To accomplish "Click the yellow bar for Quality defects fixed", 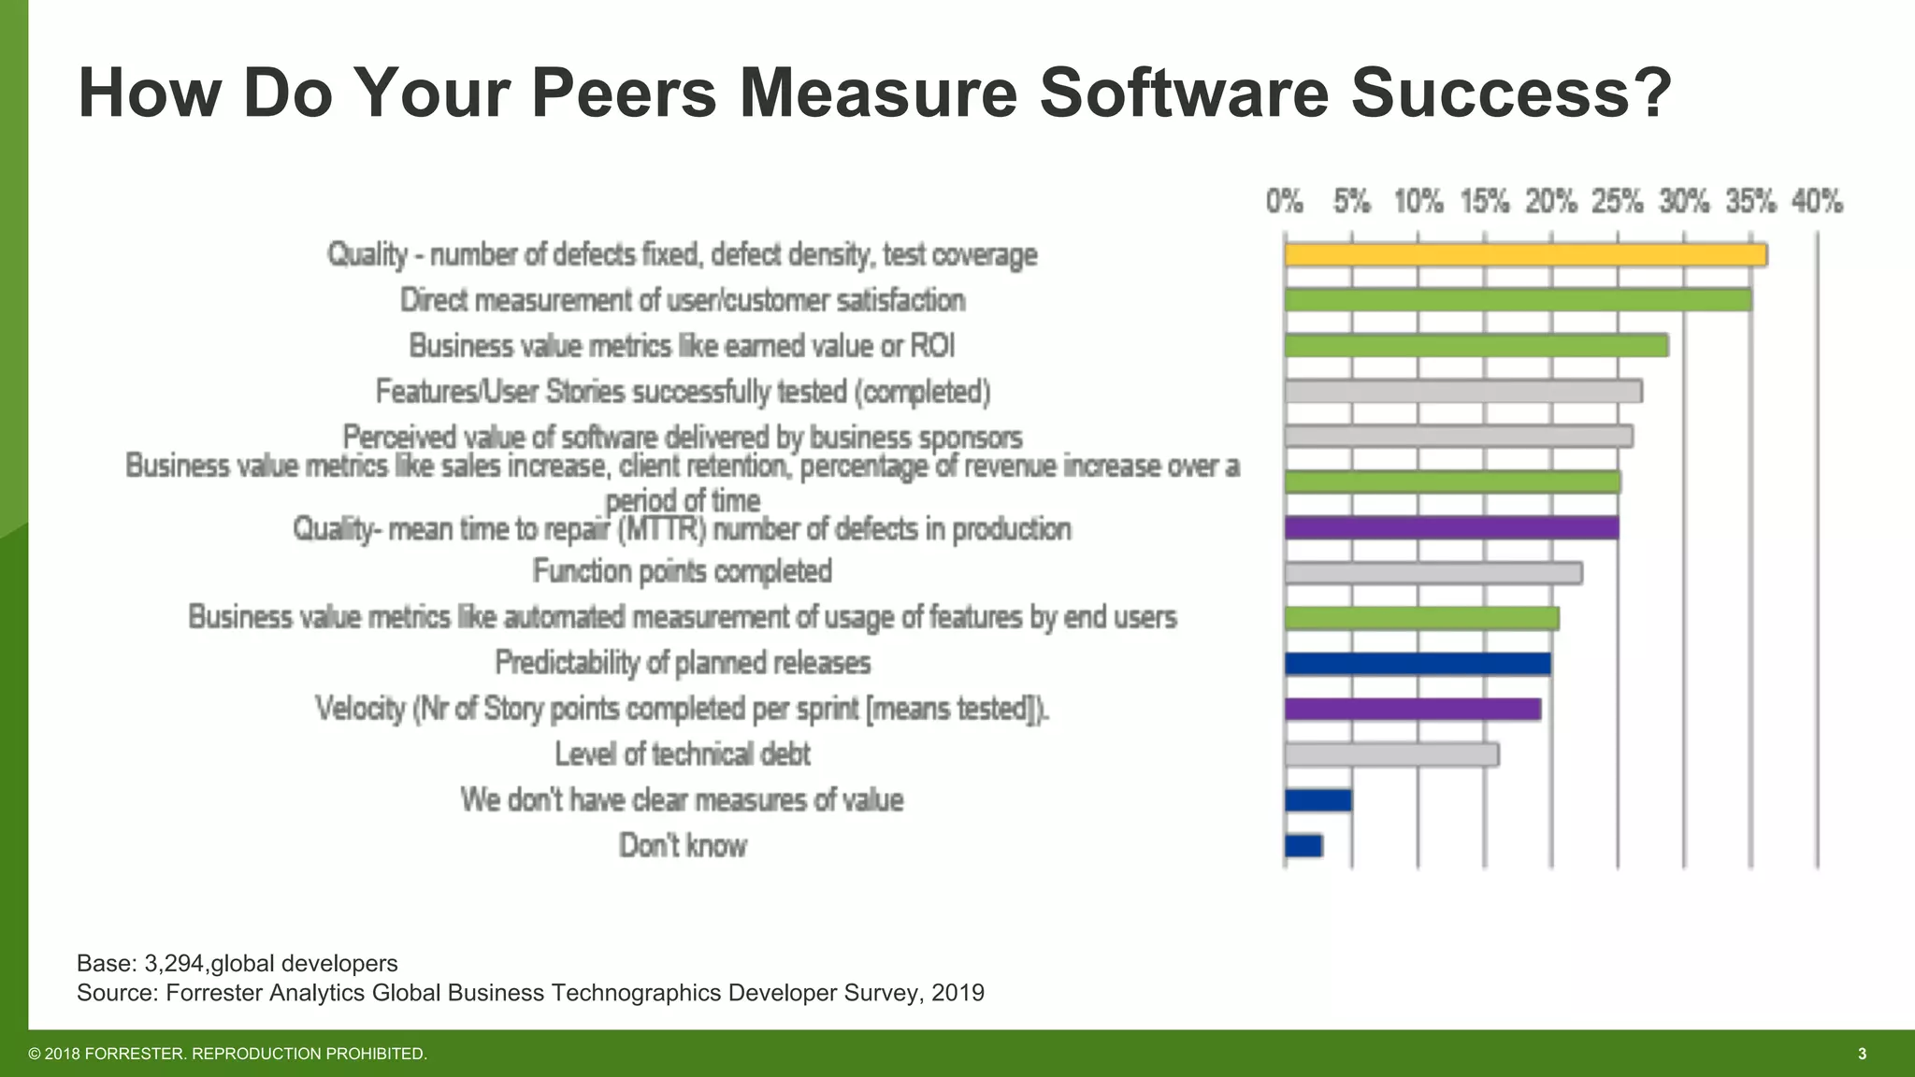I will pos(1524,254).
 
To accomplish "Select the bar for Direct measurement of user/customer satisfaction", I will pos(1517,300).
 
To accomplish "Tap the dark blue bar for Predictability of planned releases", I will pos(1417,664).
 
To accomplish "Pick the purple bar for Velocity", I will pos(1412,709).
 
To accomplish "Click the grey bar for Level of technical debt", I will pos(1391,754).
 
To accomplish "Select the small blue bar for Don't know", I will pos(1303,846).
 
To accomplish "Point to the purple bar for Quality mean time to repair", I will pos(1451,527).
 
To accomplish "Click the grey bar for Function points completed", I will pos(1433,573).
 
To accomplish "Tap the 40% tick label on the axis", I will pos(1817,201).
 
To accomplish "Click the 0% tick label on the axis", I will pos(1285,201).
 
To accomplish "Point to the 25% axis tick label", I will pos(1618,201).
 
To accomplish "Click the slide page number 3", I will pos(1862,1054).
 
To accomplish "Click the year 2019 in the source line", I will pos(957,992).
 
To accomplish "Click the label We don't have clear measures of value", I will pos(682,800).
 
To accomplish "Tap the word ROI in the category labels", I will pos(931,346).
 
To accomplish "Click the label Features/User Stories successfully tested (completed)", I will pos(683,392).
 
